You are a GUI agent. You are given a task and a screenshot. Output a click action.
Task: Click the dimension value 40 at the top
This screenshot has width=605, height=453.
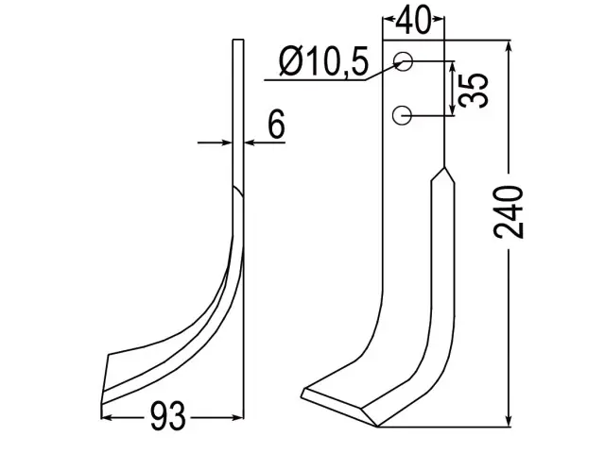tap(413, 20)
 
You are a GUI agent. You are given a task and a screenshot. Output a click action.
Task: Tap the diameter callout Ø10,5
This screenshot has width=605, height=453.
tap(323, 62)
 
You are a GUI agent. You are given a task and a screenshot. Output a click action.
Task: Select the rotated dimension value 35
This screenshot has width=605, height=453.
tap(473, 91)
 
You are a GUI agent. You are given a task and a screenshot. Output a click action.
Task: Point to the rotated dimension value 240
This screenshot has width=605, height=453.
tap(509, 212)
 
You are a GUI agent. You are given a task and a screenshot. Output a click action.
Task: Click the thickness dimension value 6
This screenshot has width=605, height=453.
tap(276, 124)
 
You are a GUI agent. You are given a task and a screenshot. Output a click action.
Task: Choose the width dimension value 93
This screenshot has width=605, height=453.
tap(168, 416)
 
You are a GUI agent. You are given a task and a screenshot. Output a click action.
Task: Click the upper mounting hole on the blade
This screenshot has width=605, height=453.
tap(403, 61)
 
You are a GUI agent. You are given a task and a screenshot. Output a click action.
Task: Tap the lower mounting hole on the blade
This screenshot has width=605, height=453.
tap(402, 115)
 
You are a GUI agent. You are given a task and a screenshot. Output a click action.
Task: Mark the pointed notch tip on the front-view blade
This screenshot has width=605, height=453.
tap(444, 168)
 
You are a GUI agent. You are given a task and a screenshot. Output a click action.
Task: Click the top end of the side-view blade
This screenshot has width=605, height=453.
tap(238, 40)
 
